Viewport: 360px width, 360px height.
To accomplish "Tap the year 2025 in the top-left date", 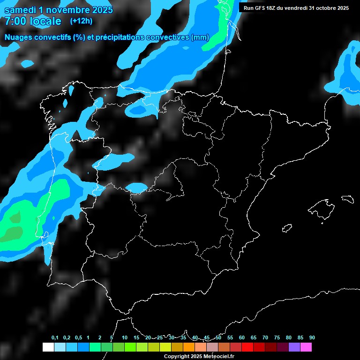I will tap(101, 10).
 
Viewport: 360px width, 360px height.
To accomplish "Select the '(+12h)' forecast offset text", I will tap(81, 21).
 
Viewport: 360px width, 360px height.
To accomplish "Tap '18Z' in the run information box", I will tap(276, 8).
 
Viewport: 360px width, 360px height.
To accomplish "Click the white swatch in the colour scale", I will tap(48, 347).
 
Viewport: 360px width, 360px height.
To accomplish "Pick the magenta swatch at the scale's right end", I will tap(306, 347).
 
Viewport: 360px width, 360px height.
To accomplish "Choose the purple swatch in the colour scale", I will tap(294, 347).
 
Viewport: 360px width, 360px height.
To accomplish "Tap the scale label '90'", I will tap(312, 338).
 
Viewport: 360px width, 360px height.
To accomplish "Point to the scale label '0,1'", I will tap(55, 338).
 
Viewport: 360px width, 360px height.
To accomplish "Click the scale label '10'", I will tap(124, 338).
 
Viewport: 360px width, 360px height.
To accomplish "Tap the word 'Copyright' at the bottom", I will tap(177, 357).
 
